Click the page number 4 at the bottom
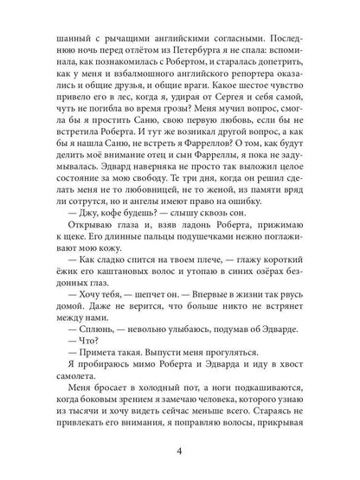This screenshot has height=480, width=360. [180, 450]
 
